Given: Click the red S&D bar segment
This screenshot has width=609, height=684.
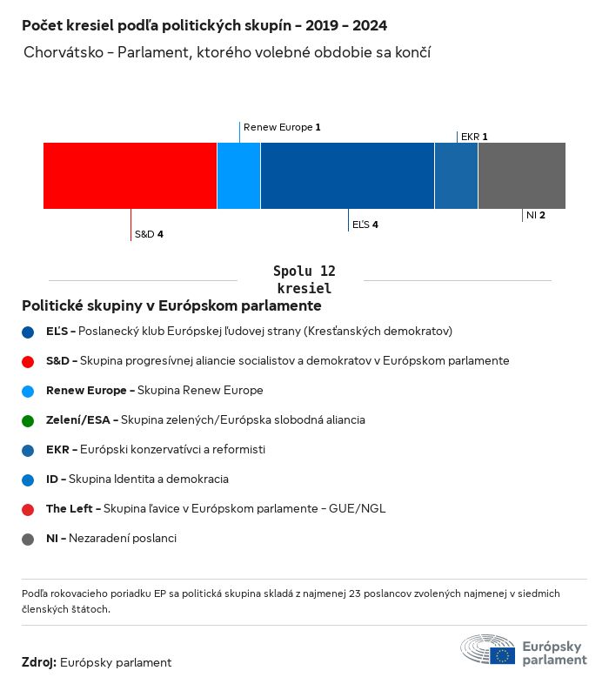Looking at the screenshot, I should click(130, 176).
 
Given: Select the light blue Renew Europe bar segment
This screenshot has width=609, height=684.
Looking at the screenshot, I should click(238, 176).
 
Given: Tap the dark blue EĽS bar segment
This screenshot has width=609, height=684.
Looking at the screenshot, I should click(347, 176).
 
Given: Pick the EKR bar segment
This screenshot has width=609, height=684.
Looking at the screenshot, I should click(456, 176).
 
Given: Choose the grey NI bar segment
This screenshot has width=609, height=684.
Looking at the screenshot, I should click(521, 176).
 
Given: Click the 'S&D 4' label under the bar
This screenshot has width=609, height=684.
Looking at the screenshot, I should click(149, 234).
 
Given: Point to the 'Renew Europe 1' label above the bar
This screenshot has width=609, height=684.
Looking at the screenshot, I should click(282, 127).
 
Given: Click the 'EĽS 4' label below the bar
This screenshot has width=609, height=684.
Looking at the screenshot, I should click(365, 225).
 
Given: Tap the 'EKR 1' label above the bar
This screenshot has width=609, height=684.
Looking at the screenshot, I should click(474, 137).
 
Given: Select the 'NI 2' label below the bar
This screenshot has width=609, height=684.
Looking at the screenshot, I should click(536, 215).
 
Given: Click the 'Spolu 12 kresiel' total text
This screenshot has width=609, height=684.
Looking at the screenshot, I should click(304, 279).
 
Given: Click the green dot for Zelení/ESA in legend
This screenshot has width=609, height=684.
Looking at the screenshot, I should click(28, 420).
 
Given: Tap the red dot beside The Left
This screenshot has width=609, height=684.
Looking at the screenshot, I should click(28, 509).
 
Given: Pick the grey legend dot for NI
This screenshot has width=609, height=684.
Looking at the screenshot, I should click(28, 539).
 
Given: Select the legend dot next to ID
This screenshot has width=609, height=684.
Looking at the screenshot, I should click(28, 479).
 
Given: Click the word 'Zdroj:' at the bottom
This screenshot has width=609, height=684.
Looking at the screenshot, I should click(39, 663).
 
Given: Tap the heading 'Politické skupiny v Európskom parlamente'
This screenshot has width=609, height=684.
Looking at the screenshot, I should click(171, 306).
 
